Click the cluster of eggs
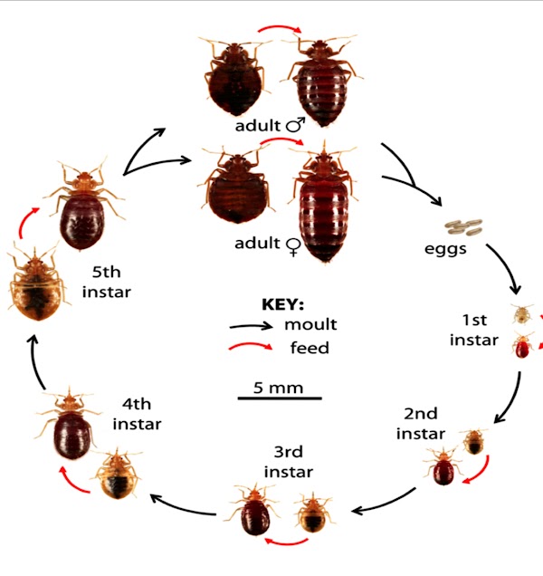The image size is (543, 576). pos(463,227)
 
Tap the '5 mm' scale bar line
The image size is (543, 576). pos(280,398)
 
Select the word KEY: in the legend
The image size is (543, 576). pos(282,304)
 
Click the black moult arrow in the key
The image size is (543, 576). pos(251,326)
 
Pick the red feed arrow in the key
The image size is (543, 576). pos(251,346)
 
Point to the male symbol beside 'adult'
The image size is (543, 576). pos(296,125)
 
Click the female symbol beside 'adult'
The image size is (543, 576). pos(294,246)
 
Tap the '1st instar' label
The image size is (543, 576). pos(474,330)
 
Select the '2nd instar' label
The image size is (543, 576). pos(421,424)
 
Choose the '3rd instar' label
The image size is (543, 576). pos(289,462)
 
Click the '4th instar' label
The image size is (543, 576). pos(137,414)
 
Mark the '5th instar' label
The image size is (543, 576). pos(107,283)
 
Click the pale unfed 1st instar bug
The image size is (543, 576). pos(522,314)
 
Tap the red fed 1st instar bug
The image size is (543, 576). pos(523,345)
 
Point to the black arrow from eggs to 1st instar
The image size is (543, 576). pos(506,267)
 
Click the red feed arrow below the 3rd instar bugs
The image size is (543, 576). pos(286,542)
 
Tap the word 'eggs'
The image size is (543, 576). pos(445,250)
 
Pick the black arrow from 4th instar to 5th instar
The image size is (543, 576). pos(35,361)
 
